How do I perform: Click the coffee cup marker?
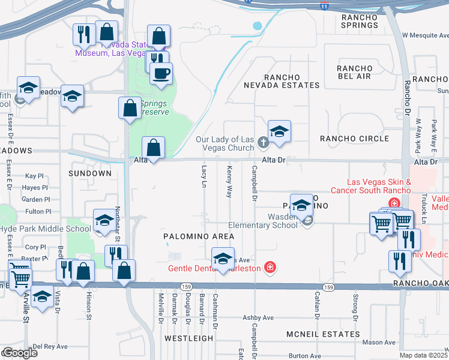coord(161,74)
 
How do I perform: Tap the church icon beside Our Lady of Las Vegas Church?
coord(262,142)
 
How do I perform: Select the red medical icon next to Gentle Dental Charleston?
coord(270,268)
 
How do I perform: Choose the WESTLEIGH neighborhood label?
coord(189,338)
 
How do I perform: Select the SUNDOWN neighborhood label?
coord(90,173)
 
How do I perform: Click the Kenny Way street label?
coord(229,183)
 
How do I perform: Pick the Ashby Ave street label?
coord(258,317)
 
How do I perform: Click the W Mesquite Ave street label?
coord(425,35)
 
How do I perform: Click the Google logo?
coord(19,353)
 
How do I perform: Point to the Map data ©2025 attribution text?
coord(423,355)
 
